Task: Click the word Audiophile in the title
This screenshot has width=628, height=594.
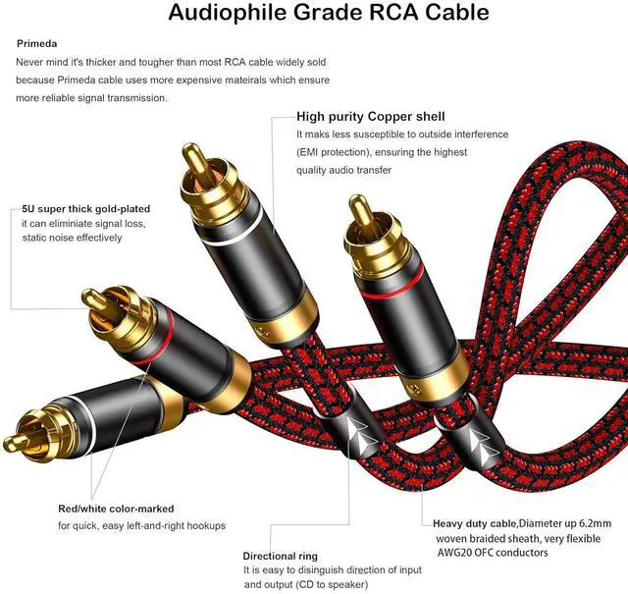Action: coord(225,14)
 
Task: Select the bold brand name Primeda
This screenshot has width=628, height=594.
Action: coord(37,43)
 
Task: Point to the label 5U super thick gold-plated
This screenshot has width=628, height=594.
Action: coord(86,209)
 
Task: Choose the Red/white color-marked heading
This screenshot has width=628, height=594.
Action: coord(116,509)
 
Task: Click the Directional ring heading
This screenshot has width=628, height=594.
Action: coord(281,557)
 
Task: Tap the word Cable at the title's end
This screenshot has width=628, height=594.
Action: coord(447,14)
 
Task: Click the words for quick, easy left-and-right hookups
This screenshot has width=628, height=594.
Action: coord(141,526)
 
